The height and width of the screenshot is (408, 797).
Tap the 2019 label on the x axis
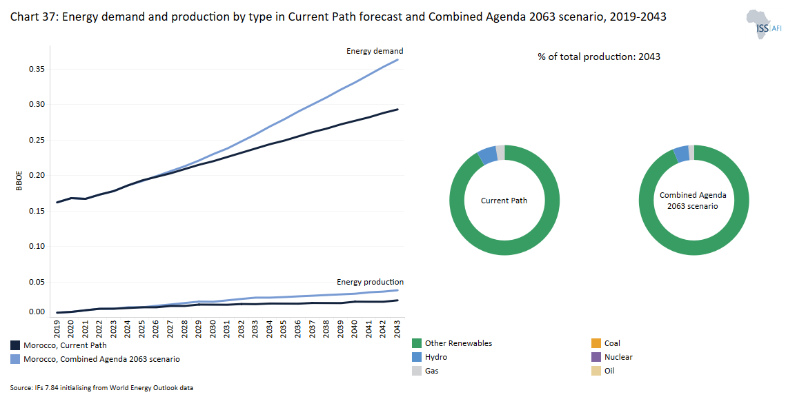click(57, 326)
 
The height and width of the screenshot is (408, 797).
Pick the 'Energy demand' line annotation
click(374, 51)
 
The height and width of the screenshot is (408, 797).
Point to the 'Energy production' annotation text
click(370, 282)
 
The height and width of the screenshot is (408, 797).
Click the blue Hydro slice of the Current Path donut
click(487, 154)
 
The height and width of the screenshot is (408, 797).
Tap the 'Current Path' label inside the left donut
click(504, 201)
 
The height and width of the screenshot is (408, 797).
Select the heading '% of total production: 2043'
click(599, 57)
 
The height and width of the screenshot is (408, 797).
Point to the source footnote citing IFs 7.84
click(101, 388)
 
